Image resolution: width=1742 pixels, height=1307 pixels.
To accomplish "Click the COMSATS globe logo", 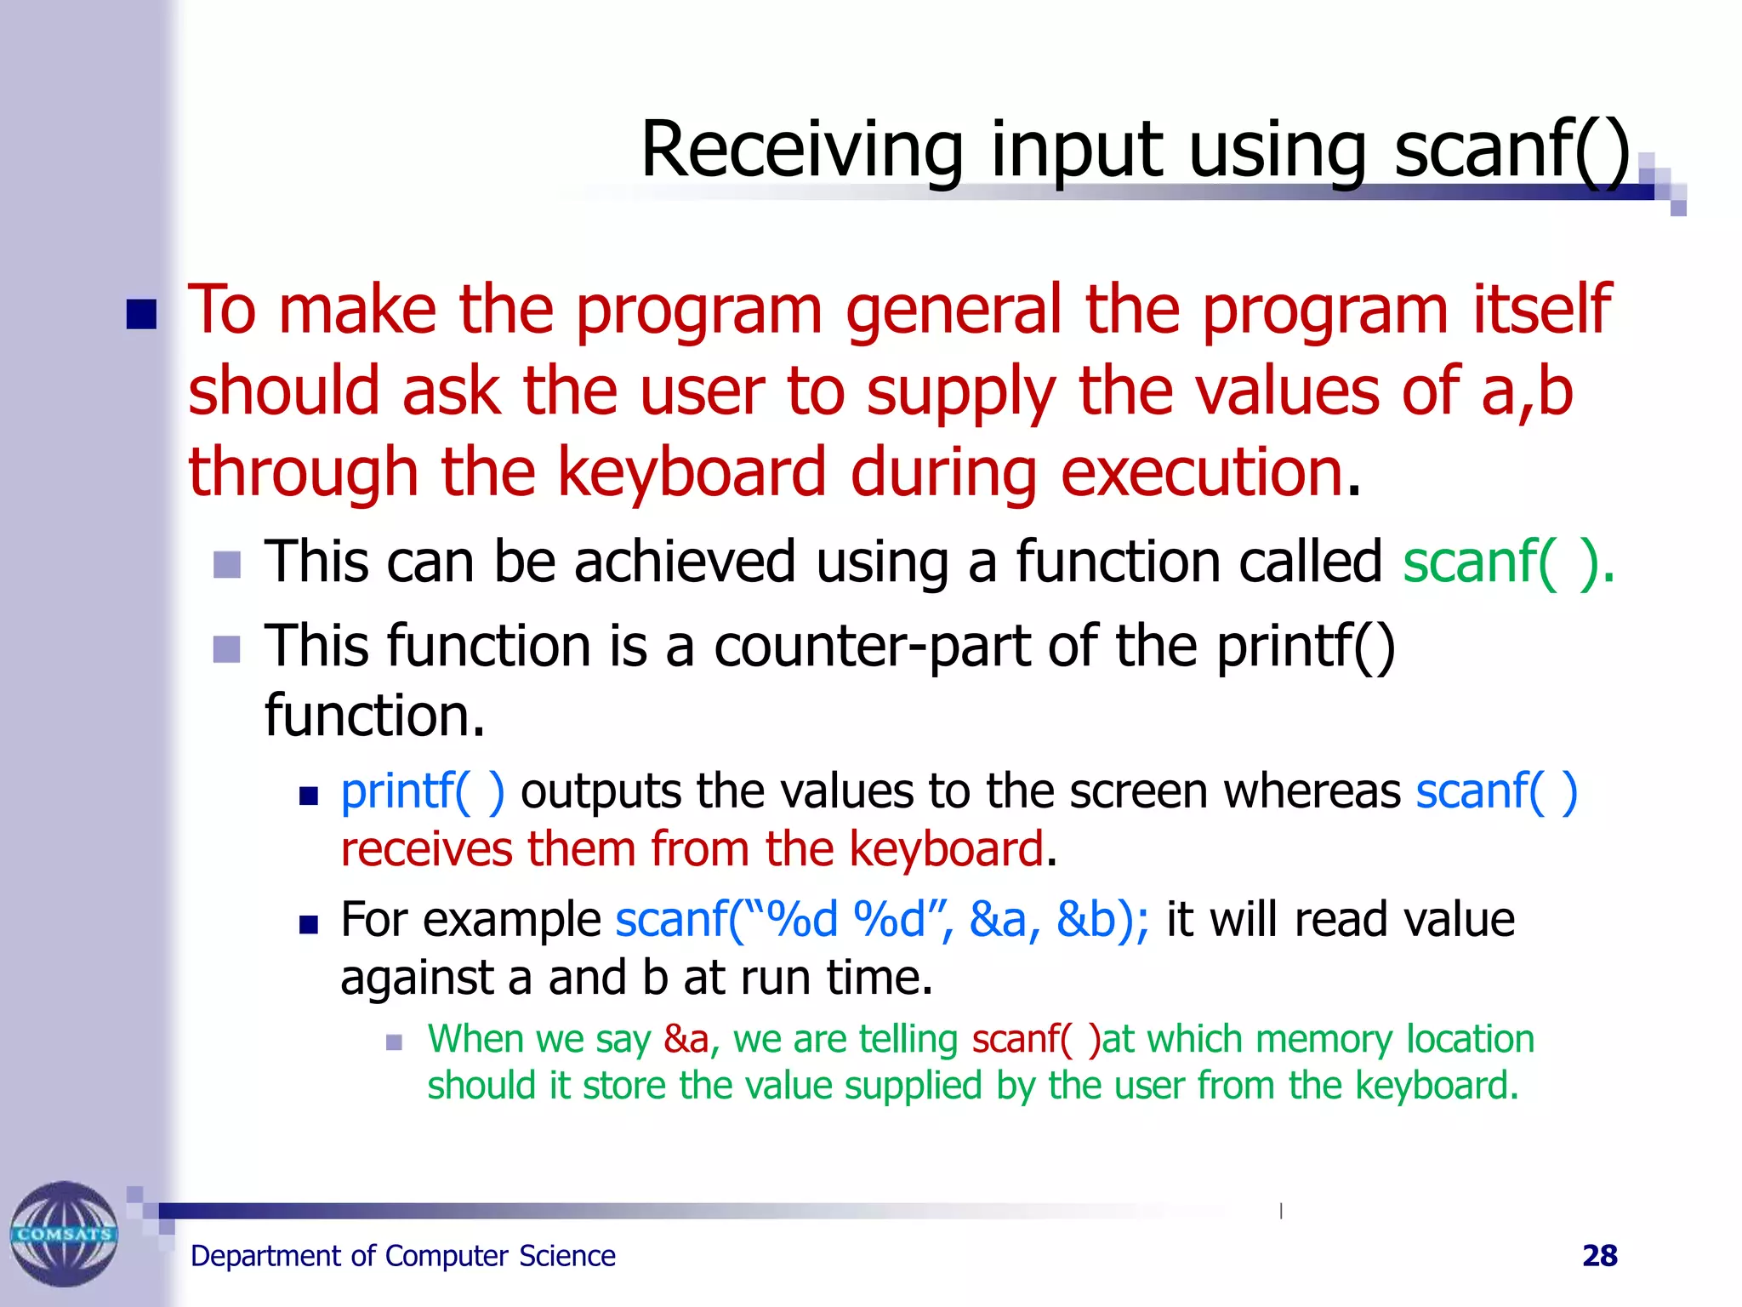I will (64, 1233).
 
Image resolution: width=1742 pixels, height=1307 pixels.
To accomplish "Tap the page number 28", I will (1599, 1256).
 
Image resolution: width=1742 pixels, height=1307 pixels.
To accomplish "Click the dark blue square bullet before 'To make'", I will (141, 314).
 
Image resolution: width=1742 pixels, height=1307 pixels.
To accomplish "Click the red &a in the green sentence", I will (686, 1040).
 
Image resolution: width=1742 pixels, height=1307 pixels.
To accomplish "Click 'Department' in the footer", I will (265, 1257).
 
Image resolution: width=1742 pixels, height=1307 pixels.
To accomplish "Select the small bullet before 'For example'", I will (308, 925).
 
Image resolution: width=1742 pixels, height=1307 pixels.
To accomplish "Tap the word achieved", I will (685, 563).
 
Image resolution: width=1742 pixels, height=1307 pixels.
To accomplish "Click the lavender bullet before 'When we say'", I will (393, 1042).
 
